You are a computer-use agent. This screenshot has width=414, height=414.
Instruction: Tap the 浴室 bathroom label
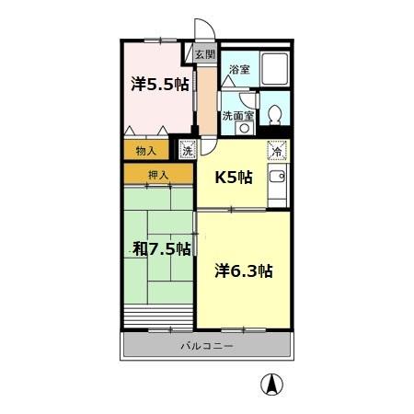tap(239, 70)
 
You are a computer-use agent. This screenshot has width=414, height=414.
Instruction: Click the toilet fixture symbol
tap(274, 115)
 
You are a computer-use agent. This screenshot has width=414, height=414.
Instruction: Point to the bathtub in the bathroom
tap(275, 70)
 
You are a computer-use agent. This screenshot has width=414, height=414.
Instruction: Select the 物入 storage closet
tap(145, 150)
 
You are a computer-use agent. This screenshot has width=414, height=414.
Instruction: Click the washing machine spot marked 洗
tap(188, 150)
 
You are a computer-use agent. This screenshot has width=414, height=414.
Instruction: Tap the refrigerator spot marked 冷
tap(276, 150)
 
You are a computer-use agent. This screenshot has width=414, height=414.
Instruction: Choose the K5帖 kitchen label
tap(233, 178)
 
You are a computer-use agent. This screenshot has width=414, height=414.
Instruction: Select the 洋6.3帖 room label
tap(245, 271)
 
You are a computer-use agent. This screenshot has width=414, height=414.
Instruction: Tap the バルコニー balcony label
tap(206, 346)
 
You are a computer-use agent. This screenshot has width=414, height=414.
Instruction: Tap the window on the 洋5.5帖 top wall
tap(159, 40)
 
